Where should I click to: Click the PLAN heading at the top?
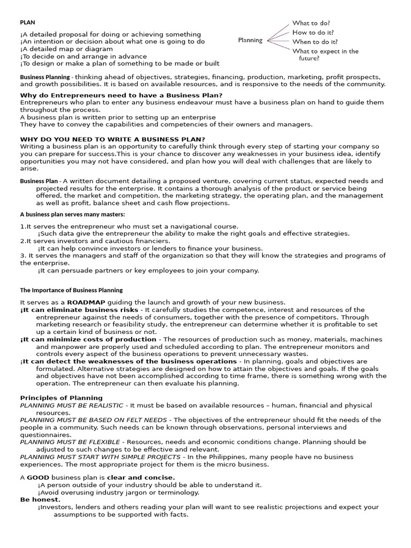(27, 23)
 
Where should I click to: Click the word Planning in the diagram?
(250, 40)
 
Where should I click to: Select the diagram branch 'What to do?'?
(310, 24)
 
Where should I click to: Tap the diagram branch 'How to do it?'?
(313, 33)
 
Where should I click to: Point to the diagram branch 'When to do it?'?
(315, 42)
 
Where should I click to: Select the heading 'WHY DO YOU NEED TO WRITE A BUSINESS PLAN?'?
(112, 139)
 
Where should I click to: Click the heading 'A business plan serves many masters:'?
(72, 215)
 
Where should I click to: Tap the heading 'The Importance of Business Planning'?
(71, 290)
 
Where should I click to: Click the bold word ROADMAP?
(86, 302)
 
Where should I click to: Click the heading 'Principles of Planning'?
(61, 398)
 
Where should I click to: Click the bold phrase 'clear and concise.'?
(141, 477)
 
